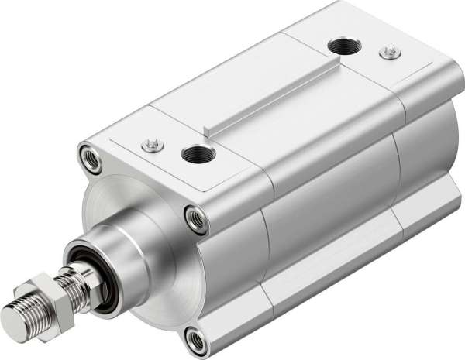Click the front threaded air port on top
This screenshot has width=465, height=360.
click(197, 153)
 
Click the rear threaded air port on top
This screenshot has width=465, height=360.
click(342, 46)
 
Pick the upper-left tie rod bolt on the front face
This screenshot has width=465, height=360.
click(90, 157)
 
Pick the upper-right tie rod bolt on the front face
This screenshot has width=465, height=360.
click(195, 219)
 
